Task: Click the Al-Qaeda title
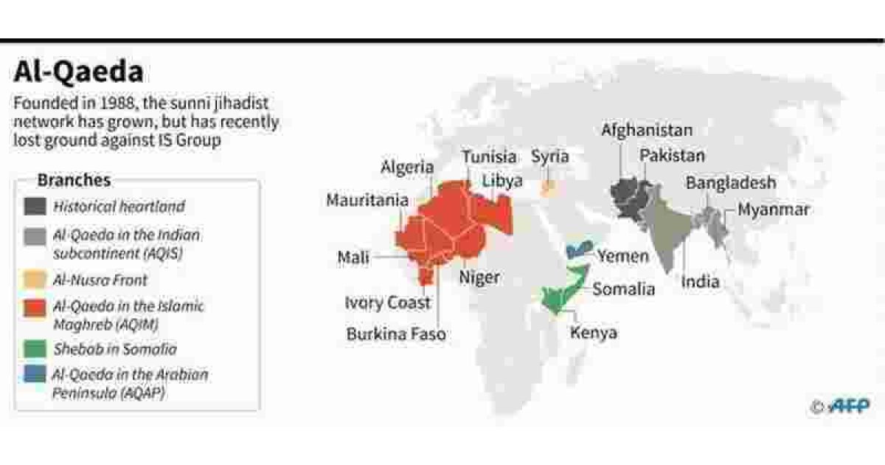point(78,74)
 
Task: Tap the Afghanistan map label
point(647,131)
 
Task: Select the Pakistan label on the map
point(672,156)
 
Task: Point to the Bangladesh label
point(731,183)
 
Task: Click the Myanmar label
point(773,210)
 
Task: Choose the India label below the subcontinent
point(700,281)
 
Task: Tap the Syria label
point(550,157)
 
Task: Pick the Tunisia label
point(489,156)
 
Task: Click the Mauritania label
point(367,200)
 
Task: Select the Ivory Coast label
point(387,303)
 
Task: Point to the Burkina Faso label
point(396,334)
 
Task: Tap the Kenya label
point(594,333)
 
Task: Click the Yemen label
point(623,256)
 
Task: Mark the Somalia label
point(623,289)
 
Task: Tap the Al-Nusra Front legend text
point(100,280)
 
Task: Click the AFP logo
point(848,405)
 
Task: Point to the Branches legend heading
point(74,180)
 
